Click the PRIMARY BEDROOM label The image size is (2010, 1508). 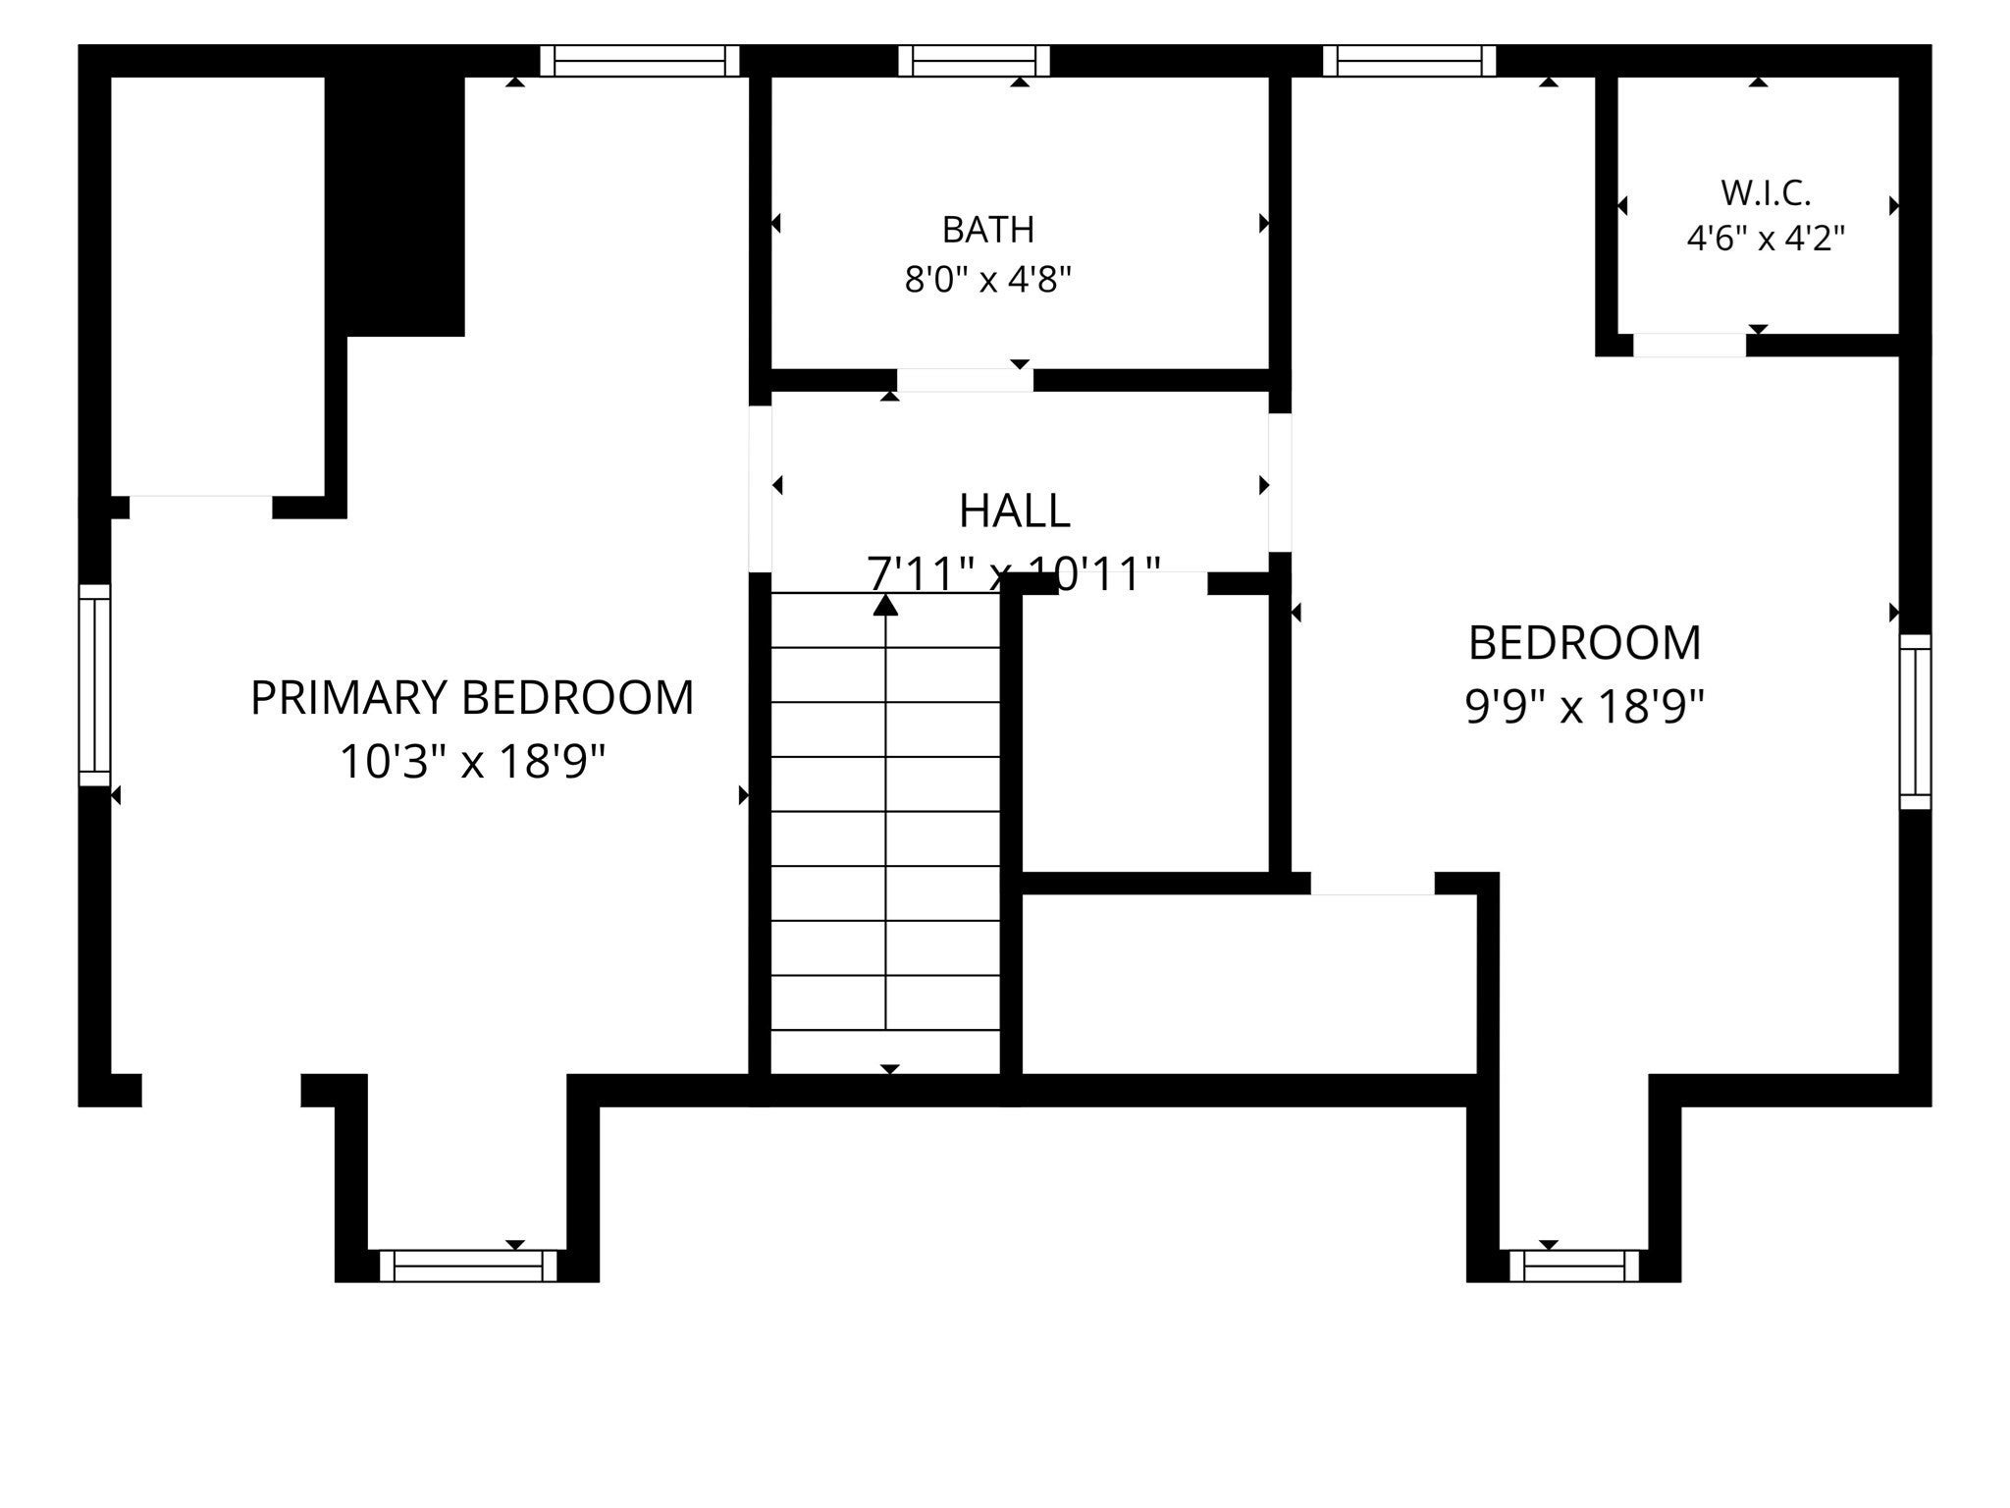[472, 698]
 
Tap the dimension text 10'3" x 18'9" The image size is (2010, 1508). [472, 761]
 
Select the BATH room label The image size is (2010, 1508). [988, 230]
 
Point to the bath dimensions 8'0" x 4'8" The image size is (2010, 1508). [988, 280]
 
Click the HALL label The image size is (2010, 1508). [1014, 511]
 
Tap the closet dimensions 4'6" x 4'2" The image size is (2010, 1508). [1766, 239]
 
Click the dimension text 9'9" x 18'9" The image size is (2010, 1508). [1584, 705]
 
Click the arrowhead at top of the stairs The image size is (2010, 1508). [886, 605]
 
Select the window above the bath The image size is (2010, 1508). [974, 61]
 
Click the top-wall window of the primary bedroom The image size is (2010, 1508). [639, 61]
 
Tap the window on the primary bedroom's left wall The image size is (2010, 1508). [94, 685]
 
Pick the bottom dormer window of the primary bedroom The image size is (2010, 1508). [467, 1266]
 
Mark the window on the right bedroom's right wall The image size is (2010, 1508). [1915, 722]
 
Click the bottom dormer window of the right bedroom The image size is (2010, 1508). [1574, 1266]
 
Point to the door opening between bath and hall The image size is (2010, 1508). [965, 380]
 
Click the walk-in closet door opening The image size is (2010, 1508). [1689, 346]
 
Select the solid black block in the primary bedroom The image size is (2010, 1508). [395, 206]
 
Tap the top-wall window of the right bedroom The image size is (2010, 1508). [1410, 61]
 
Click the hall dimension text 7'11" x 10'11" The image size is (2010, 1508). [1014, 573]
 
